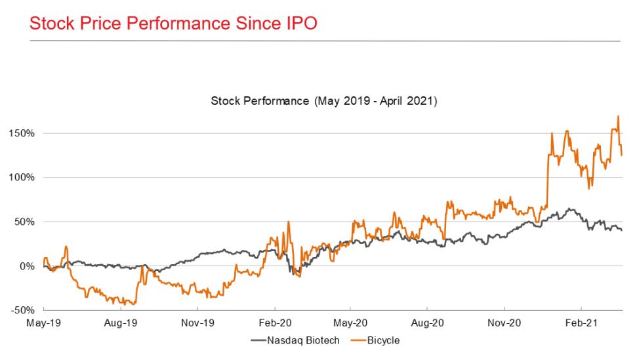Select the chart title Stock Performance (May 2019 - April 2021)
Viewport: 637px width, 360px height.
[324, 102]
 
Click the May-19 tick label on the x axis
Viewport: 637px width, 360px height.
[44, 323]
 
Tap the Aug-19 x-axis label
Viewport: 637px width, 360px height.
[121, 323]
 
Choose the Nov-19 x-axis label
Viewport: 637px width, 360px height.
[197, 323]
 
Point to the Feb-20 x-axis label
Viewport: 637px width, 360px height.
[274, 323]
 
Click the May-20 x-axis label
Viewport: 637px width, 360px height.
[350, 323]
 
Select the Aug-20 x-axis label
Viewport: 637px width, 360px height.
[428, 323]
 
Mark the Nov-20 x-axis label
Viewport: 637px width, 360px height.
[504, 323]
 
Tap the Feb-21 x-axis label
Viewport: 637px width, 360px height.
[581, 323]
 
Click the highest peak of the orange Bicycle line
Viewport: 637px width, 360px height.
[618, 117]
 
